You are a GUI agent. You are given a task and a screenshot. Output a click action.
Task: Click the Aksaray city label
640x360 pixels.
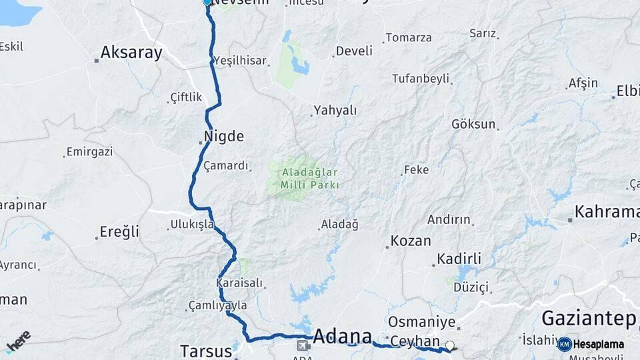131,53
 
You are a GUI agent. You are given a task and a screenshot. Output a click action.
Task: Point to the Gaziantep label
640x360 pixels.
589,319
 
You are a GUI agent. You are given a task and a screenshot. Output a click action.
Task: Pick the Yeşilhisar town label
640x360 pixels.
240,61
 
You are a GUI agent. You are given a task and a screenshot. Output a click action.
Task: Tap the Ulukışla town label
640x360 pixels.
192,224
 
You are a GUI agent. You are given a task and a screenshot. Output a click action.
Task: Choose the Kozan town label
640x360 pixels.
411,241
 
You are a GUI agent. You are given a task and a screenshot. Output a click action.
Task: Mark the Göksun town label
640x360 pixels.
473,124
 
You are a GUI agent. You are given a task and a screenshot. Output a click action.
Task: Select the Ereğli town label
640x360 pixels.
119,232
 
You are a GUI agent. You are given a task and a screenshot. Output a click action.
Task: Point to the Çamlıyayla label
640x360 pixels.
218,305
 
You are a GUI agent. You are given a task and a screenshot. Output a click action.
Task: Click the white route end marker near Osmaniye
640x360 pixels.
450,346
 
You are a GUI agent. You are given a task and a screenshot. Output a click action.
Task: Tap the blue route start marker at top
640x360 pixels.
207,3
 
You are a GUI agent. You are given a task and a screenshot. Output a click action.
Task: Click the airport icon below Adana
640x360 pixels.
303,345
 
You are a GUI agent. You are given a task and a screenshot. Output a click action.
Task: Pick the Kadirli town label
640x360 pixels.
459,259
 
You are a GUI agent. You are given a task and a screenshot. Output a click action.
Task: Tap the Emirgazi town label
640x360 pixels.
90,152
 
